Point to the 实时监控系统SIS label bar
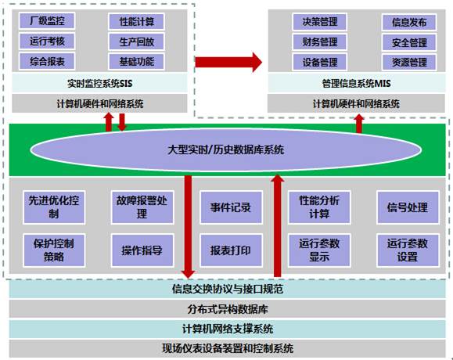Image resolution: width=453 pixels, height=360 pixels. coord(99,82)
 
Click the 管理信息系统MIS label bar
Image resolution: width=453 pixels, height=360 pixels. coord(357,82)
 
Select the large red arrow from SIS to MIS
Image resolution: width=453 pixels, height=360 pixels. coord(227,61)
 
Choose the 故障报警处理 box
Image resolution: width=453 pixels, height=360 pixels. coord(142,207)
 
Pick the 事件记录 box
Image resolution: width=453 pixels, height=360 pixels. coord(230,207)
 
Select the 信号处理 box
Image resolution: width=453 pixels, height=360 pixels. coord(407,207)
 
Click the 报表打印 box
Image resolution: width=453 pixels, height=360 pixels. coord(230,250)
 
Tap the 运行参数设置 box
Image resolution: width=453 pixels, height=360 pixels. coord(407,250)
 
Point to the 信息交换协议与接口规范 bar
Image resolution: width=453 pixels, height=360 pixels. coord(227,290)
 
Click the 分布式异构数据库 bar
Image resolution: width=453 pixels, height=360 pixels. coord(227,309)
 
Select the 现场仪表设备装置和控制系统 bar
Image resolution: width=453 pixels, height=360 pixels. coord(227,348)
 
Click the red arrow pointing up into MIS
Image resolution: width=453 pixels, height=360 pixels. coord(359,123)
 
